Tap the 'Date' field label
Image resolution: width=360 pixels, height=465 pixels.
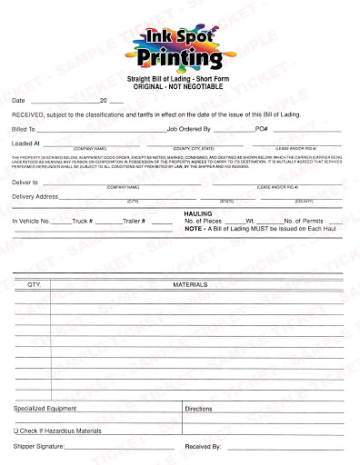[19, 100]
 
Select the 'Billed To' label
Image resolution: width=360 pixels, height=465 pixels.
[23, 129]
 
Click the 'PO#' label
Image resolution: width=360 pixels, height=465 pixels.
[262, 129]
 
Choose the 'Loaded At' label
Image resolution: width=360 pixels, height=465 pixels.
[25, 143]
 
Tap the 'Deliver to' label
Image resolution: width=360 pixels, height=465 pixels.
[25, 183]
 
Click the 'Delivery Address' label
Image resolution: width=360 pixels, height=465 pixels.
[35, 196]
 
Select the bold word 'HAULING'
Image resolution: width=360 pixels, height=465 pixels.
[198, 213]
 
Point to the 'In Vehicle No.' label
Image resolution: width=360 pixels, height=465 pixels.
[32, 222]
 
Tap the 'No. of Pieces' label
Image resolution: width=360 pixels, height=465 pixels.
[205, 221]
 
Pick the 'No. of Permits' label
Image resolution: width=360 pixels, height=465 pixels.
[305, 221]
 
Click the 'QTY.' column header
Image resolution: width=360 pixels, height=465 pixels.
[35, 284]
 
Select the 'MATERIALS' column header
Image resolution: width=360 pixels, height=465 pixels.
[191, 284]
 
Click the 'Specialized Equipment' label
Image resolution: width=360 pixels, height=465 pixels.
[45, 410]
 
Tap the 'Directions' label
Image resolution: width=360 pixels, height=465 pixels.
[198, 410]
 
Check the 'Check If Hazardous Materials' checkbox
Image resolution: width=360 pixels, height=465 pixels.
[15, 430]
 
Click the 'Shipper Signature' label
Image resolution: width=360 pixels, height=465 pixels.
[38, 447]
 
